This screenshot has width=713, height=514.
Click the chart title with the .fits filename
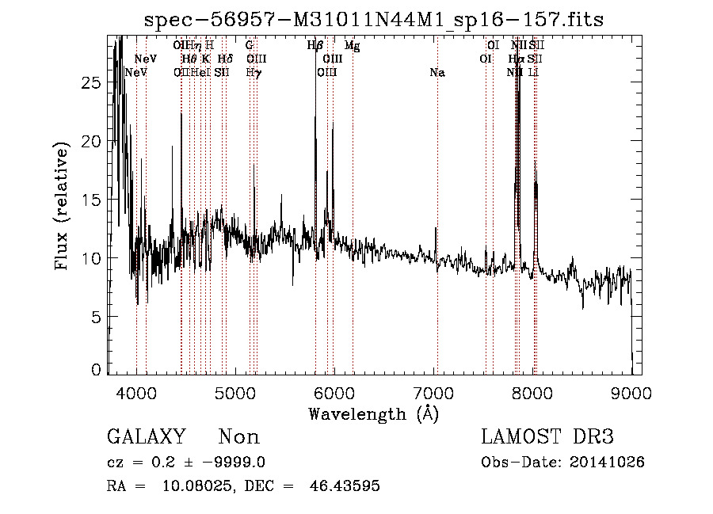(x=375, y=21)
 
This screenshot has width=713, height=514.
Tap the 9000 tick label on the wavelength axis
(x=631, y=392)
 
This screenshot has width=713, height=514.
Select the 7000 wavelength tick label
(x=433, y=392)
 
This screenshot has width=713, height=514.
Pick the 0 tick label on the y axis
(x=97, y=370)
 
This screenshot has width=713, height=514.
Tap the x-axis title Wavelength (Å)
(x=373, y=413)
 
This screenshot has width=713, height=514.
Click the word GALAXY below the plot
(x=147, y=437)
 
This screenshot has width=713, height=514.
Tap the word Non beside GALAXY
(x=238, y=437)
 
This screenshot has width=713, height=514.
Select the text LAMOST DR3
(x=547, y=437)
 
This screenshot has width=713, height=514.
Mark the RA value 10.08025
(x=196, y=486)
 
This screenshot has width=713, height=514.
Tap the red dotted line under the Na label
(x=437, y=238)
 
